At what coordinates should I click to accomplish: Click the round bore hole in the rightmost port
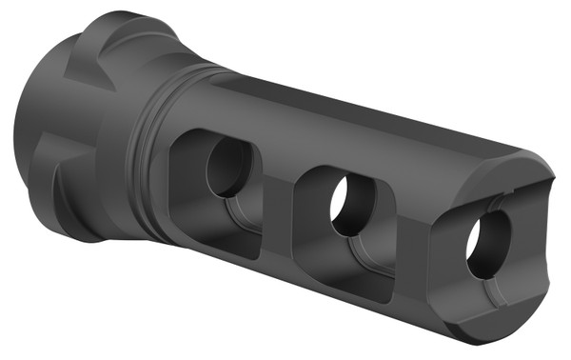click(486, 242)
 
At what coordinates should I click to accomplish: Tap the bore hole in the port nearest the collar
click(228, 168)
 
